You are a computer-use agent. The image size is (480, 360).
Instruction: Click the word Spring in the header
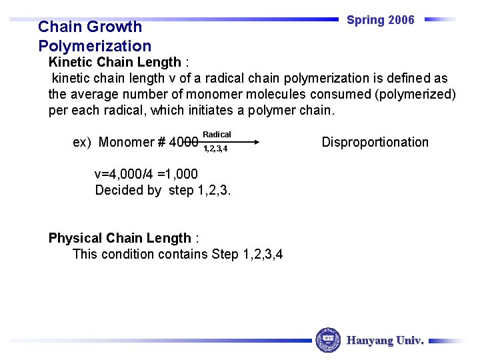(x=365, y=20)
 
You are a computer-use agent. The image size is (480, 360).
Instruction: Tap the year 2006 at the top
(x=401, y=20)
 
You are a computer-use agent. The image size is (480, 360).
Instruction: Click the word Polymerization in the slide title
(x=95, y=46)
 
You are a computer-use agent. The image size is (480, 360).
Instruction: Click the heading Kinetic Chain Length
(x=115, y=62)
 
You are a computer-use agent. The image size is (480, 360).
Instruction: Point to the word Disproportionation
(x=375, y=142)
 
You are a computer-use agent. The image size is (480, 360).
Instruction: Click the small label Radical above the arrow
(x=217, y=135)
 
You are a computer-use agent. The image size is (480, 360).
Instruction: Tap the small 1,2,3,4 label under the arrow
(x=215, y=149)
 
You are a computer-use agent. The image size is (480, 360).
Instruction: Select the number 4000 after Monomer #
(x=183, y=143)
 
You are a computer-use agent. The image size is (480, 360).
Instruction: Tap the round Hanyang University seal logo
(x=327, y=340)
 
